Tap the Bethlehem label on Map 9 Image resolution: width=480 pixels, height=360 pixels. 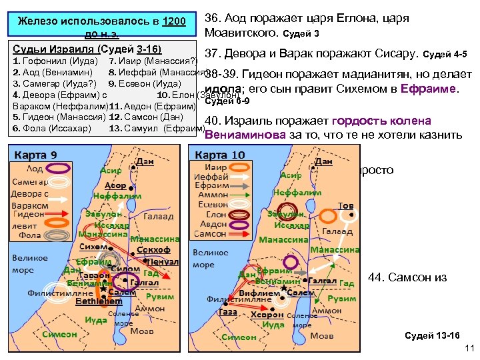tap(99, 301)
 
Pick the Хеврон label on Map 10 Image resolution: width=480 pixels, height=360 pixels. tap(268, 315)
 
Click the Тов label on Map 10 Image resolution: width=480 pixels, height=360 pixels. tap(345, 205)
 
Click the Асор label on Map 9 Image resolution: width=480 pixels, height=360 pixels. tap(115, 185)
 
